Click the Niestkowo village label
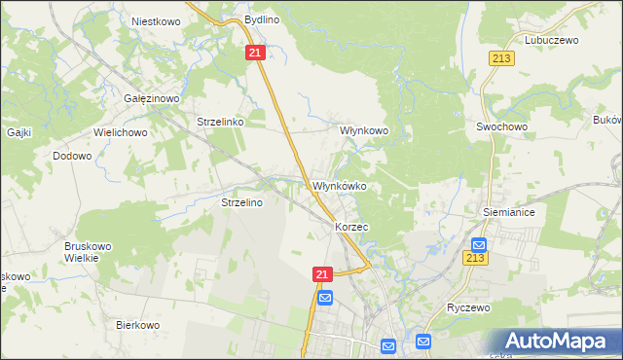(151, 19)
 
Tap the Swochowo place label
(500, 126)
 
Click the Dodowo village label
(72, 156)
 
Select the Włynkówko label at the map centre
(339, 186)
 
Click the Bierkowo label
(136, 325)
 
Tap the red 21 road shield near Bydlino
(254, 54)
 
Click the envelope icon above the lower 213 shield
(478, 244)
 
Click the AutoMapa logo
(557, 340)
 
